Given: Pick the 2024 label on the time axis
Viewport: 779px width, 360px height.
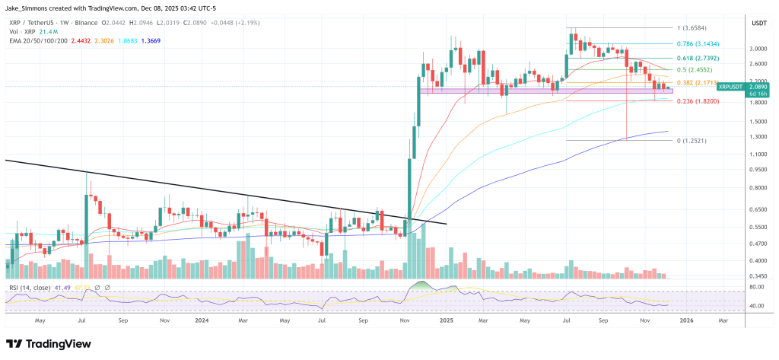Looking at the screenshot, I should click(202, 321).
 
